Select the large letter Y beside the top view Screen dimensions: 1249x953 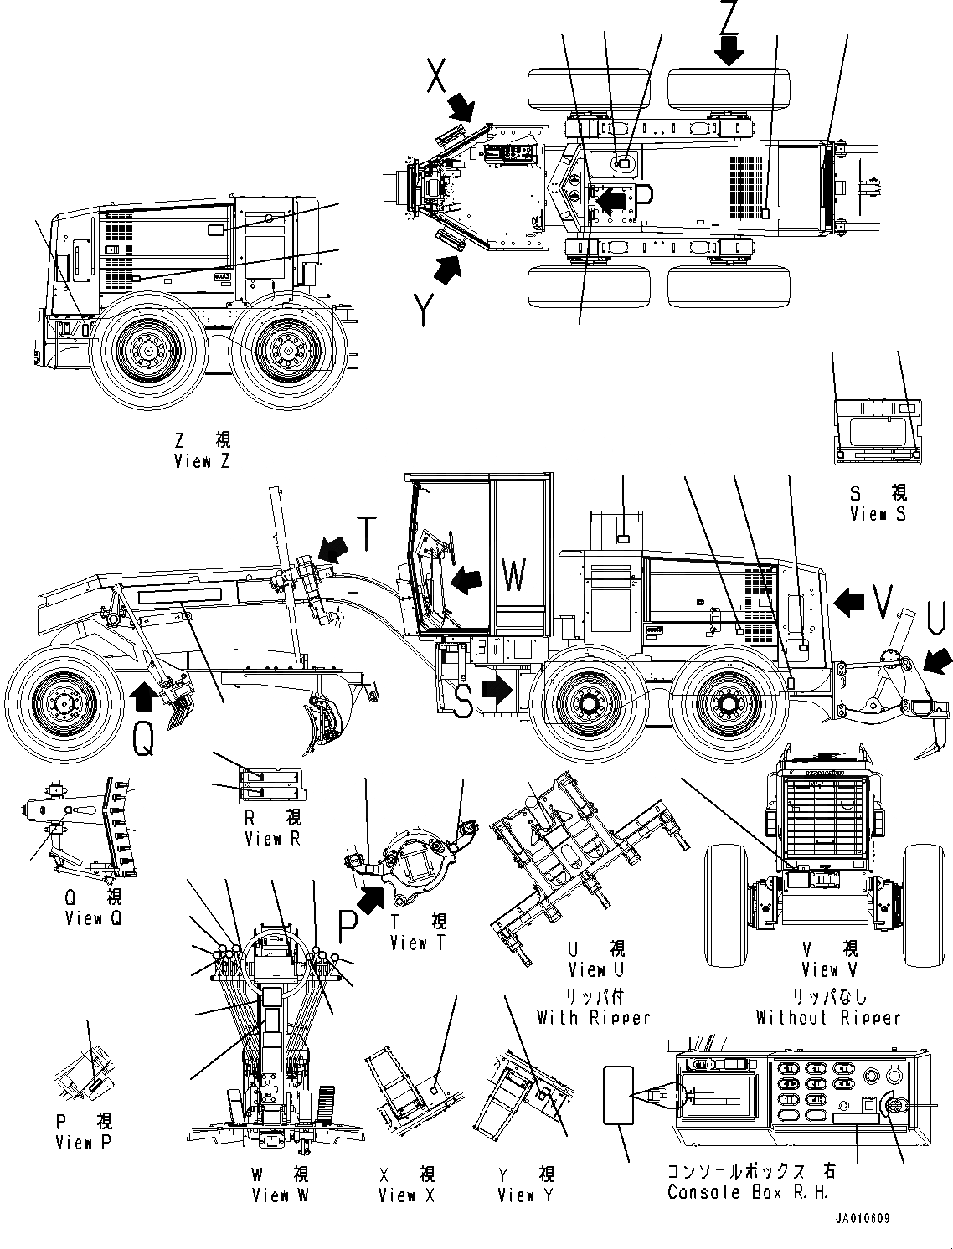tap(425, 311)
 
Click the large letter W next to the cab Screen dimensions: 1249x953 tap(513, 576)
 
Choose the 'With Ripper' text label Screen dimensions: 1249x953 tap(594, 1018)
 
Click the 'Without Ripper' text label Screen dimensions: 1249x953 tap(828, 1018)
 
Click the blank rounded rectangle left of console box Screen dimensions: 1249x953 tap(618, 1095)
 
